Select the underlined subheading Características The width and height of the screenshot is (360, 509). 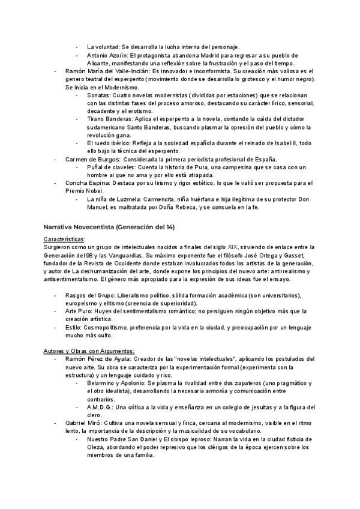coord(64,239)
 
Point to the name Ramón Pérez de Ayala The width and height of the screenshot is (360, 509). coord(99,358)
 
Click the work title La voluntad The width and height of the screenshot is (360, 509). coord(103,47)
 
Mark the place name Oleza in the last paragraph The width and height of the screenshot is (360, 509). coord(96,447)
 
